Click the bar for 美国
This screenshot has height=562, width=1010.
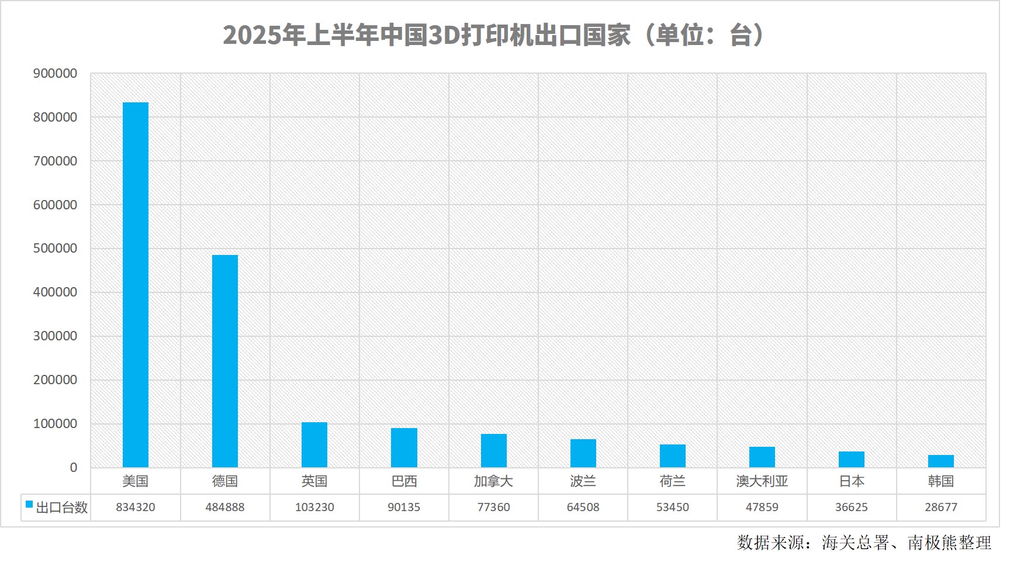[135, 285]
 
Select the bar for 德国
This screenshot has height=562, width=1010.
[225, 361]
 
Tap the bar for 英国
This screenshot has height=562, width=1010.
[314, 444]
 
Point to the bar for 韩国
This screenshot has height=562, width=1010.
[941, 461]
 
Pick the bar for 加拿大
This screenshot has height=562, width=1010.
[494, 450]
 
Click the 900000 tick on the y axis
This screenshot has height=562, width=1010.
[55, 74]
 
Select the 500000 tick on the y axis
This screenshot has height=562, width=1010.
[55, 249]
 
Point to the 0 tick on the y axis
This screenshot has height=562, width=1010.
[73, 468]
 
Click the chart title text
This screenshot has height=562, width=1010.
[493, 35]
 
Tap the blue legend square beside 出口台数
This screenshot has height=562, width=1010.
[29, 505]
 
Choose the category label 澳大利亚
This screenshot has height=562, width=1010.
[762, 481]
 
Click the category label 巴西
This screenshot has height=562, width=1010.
[404, 481]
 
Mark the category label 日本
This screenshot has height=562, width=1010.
[852, 481]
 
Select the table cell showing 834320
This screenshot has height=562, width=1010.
[136, 508]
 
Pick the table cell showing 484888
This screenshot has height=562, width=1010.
[225, 508]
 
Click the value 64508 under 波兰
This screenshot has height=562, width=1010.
[583, 508]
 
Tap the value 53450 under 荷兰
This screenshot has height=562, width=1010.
[673, 508]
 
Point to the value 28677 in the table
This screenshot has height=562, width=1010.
[941, 508]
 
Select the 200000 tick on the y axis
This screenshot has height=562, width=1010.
[55, 380]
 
